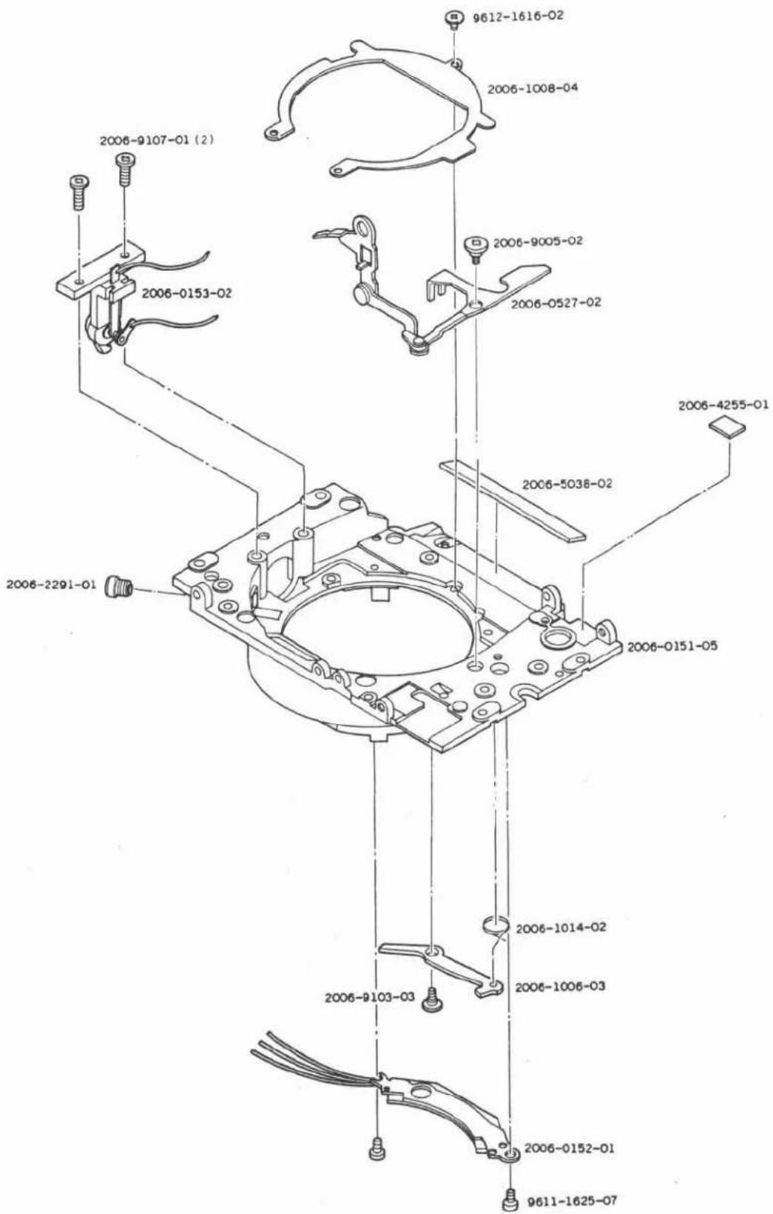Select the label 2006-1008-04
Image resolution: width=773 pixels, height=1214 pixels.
533,88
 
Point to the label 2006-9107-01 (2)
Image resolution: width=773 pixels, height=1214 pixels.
157,140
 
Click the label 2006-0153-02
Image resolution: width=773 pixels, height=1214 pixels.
186,293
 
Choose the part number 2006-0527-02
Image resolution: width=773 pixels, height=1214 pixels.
556,302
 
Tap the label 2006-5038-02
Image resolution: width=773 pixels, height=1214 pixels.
567,483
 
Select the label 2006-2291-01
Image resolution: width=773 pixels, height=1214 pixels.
51,584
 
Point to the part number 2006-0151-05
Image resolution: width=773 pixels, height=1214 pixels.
672,646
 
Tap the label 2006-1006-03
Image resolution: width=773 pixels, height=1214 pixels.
560,986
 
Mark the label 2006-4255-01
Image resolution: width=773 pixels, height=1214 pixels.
723,405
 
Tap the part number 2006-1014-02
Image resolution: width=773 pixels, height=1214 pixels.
561,928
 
